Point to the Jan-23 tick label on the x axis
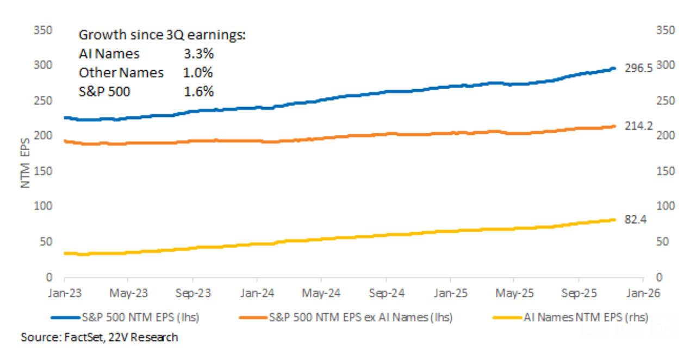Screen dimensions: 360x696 (x=65, y=293)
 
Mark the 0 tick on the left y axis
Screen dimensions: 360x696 (x=48, y=277)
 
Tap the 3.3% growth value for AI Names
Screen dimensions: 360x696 (x=198, y=54)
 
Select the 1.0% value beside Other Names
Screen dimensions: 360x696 (x=198, y=73)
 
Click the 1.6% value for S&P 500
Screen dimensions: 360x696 (x=198, y=91)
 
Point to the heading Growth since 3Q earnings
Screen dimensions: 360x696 (x=162, y=35)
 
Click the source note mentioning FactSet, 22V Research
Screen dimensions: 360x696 (x=100, y=337)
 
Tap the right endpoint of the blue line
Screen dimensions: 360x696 (x=614, y=68)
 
